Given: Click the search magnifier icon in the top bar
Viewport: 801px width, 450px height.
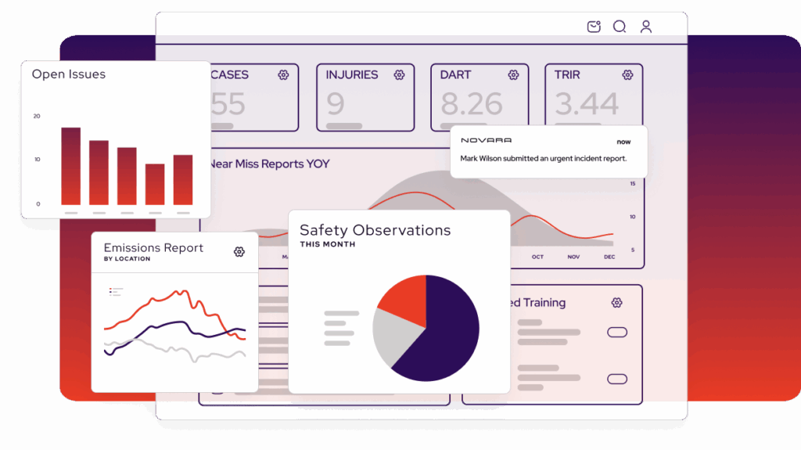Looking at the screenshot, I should pos(619,27).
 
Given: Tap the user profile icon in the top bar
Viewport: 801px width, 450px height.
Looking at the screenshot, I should pos(645,27).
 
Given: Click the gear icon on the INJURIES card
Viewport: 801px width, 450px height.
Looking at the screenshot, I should pos(399,75).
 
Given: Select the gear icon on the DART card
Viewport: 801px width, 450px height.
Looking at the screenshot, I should pos(513,75).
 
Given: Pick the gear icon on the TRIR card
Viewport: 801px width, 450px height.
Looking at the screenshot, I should pos(627,75).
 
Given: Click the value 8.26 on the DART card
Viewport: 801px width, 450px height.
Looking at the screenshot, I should pos(470,104).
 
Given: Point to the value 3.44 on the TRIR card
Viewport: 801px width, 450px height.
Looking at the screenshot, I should pos(587,104).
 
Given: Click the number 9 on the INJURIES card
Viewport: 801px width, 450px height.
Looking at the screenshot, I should pos(336,104).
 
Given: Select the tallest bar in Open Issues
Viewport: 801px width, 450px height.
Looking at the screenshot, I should pos(71,166).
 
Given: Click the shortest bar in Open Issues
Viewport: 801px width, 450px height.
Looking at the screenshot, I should pos(155,185).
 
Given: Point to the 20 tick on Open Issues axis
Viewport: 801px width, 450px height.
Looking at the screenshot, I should pos(36,116).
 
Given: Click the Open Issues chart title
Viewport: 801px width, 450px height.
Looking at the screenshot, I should pos(68,74).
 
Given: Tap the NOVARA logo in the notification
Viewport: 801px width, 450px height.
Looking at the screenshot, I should pos(486,141).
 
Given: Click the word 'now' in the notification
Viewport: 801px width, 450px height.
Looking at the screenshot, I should pos(623,142).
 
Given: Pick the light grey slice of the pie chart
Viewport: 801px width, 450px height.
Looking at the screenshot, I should pos(389,337).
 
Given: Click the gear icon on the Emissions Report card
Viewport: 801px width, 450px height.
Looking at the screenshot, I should pos(239,251).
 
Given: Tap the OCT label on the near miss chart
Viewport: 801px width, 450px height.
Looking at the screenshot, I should pos(537,257).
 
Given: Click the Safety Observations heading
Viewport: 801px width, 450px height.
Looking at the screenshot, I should pos(375,230).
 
